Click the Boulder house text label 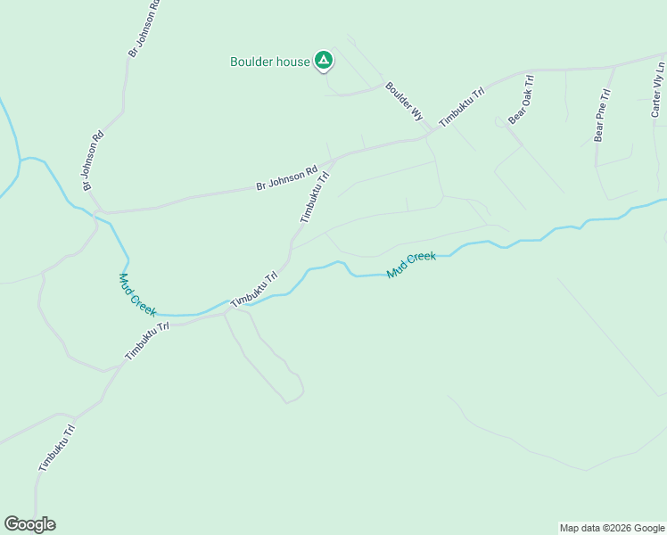click(269, 62)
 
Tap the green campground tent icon click(324, 61)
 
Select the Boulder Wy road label click(403, 102)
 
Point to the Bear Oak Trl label click(520, 105)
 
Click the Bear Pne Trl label click(602, 116)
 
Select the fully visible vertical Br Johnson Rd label click(93, 160)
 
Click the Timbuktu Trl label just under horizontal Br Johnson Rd click(315, 197)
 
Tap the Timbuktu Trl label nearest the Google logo click(56, 448)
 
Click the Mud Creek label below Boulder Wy click(411, 263)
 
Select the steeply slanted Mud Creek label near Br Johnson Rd click(137, 294)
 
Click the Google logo click(29, 524)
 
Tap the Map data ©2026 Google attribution click(612, 528)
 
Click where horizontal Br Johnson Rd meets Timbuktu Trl click(332, 160)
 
